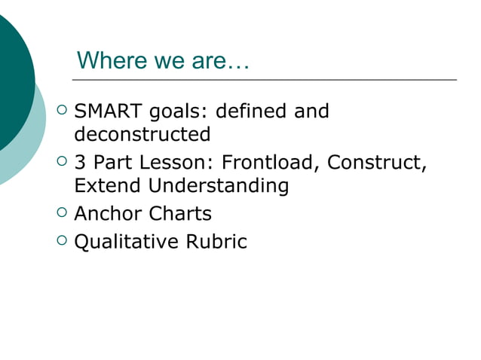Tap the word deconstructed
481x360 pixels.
(x=142, y=135)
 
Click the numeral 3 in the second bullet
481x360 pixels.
(x=79, y=162)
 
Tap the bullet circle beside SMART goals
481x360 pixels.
(x=63, y=111)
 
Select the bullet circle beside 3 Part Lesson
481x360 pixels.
(x=63, y=161)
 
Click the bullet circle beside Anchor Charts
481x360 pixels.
(x=63, y=213)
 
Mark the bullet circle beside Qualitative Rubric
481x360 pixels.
(x=63, y=241)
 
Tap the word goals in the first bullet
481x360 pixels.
(x=178, y=113)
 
